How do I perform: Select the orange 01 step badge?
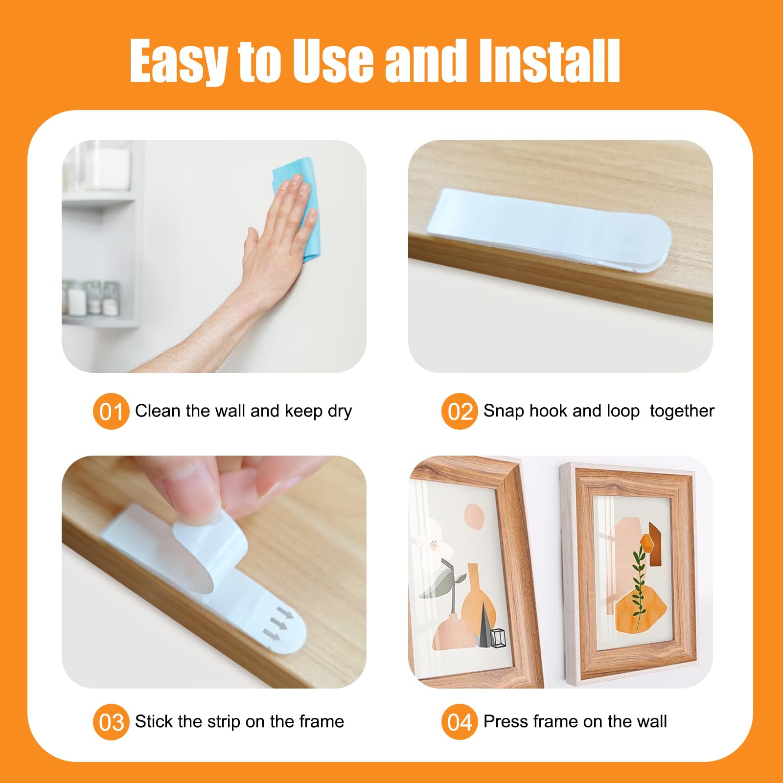click(x=111, y=411)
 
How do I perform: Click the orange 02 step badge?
click(x=460, y=411)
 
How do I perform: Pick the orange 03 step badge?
click(x=111, y=722)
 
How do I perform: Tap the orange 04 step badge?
click(x=460, y=722)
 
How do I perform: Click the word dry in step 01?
click(x=340, y=412)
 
